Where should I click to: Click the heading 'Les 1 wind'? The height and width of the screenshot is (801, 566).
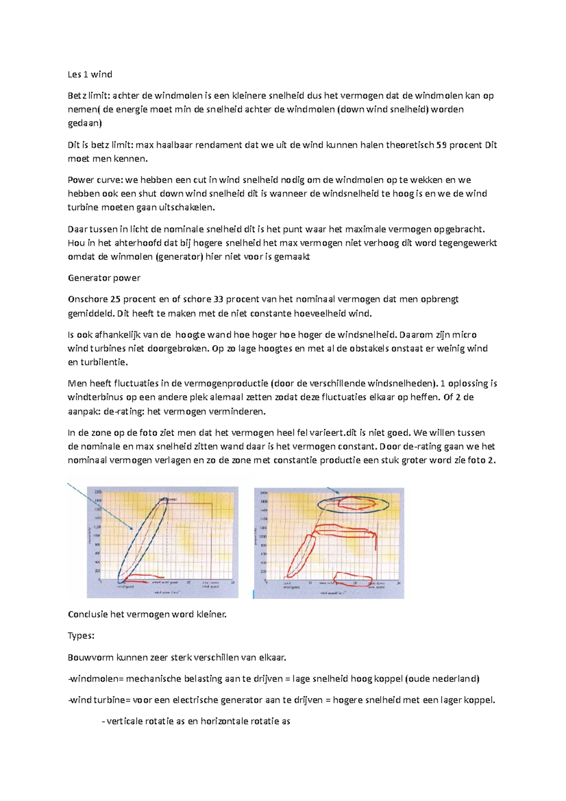[x=90, y=74]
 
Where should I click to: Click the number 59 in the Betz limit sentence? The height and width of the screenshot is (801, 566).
[x=441, y=145]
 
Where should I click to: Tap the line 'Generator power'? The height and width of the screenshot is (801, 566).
[x=104, y=278]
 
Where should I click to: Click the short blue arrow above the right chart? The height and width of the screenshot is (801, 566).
[x=333, y=491]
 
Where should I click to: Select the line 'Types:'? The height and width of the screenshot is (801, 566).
[x=81, y=635]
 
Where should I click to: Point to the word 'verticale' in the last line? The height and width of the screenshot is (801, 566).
[x=124, y=721]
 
